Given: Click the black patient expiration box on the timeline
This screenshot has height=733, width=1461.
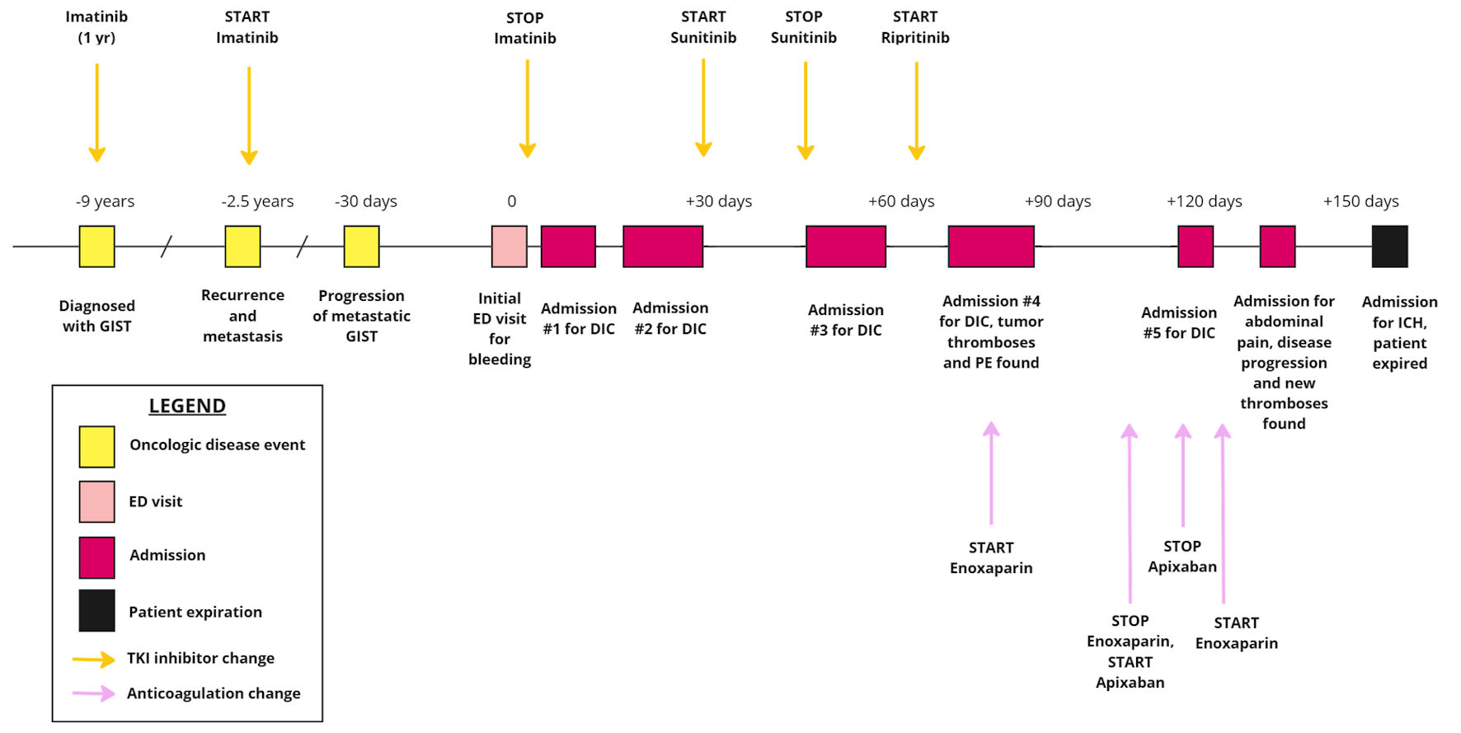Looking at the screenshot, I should coord(1389,247).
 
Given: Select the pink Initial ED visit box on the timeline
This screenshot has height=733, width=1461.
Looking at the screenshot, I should coord(509,247).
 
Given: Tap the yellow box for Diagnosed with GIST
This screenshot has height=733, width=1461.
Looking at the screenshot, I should coord(96,247).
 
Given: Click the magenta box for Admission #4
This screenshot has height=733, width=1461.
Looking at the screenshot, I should coord(990,247).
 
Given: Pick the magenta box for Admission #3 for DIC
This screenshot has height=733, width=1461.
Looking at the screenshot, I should coord(845,247).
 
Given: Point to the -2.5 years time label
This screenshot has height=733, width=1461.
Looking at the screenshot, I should coord(257,201).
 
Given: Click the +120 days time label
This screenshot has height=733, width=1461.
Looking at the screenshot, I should coord(1204,201).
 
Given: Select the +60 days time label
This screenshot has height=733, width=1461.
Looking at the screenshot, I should coord(900,201).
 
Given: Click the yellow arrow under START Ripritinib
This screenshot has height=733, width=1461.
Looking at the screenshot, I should coord(916,110).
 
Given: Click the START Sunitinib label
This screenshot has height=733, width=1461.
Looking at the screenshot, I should coord(703,27).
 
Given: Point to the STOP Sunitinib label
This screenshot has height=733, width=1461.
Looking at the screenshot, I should coord(803,27).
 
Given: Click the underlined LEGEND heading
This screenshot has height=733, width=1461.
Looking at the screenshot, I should coord(187,406).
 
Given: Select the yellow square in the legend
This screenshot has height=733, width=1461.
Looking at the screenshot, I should coord(96,446).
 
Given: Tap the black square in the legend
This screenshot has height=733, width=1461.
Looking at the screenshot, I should coord(96,611).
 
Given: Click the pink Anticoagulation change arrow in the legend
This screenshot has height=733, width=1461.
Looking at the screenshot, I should coord(93,693).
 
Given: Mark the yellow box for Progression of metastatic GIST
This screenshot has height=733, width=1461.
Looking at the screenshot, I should coord(361,247).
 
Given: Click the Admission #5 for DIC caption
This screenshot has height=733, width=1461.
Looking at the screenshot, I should coord(1178,322).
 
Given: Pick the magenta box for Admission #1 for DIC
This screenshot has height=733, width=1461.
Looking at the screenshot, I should coord(568,247).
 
